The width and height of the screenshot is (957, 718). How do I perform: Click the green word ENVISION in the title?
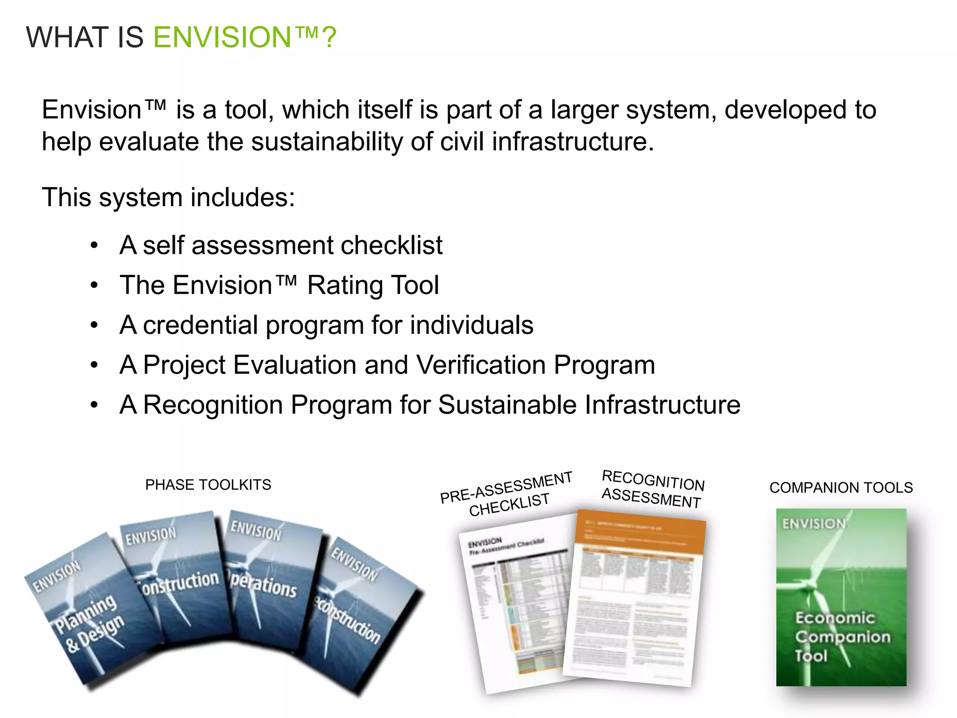click(222, 37)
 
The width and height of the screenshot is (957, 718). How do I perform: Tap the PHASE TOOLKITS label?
click(208, 485)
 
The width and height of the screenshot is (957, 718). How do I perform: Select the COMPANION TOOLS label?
click(841, 488)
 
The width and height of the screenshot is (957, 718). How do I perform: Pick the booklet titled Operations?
click(269, 584)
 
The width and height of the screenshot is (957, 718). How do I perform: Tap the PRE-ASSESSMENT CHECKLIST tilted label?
click(507, 494)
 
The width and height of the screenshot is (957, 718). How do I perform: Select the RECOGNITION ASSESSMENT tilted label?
click(653, 489)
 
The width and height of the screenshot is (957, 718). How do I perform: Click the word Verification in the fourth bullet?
click(481, 365)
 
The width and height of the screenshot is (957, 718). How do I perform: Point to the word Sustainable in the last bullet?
click(507, 405)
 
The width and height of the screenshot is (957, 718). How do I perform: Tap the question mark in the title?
click(329, 37)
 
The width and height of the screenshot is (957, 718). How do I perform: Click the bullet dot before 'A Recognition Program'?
click(94, 405)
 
